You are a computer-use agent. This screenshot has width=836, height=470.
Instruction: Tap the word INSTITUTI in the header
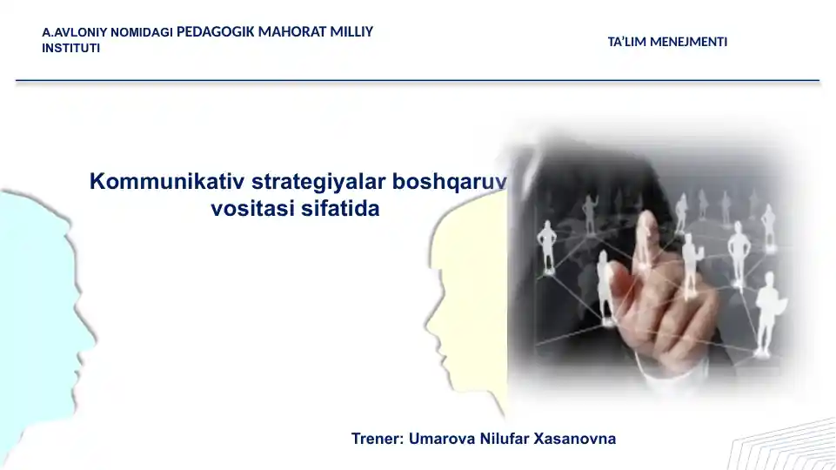[x=70, y=48]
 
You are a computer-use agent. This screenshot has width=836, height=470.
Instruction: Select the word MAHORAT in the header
[x=292, y=32]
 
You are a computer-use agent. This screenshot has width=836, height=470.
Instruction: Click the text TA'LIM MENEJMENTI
[x=667, y=42]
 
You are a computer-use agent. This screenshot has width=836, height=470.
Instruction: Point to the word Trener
[x=377, y=439]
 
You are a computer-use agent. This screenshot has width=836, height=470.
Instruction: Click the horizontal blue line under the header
[x=418, y=81]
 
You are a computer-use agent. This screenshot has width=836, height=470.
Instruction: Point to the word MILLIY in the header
[x=352, y=32]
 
